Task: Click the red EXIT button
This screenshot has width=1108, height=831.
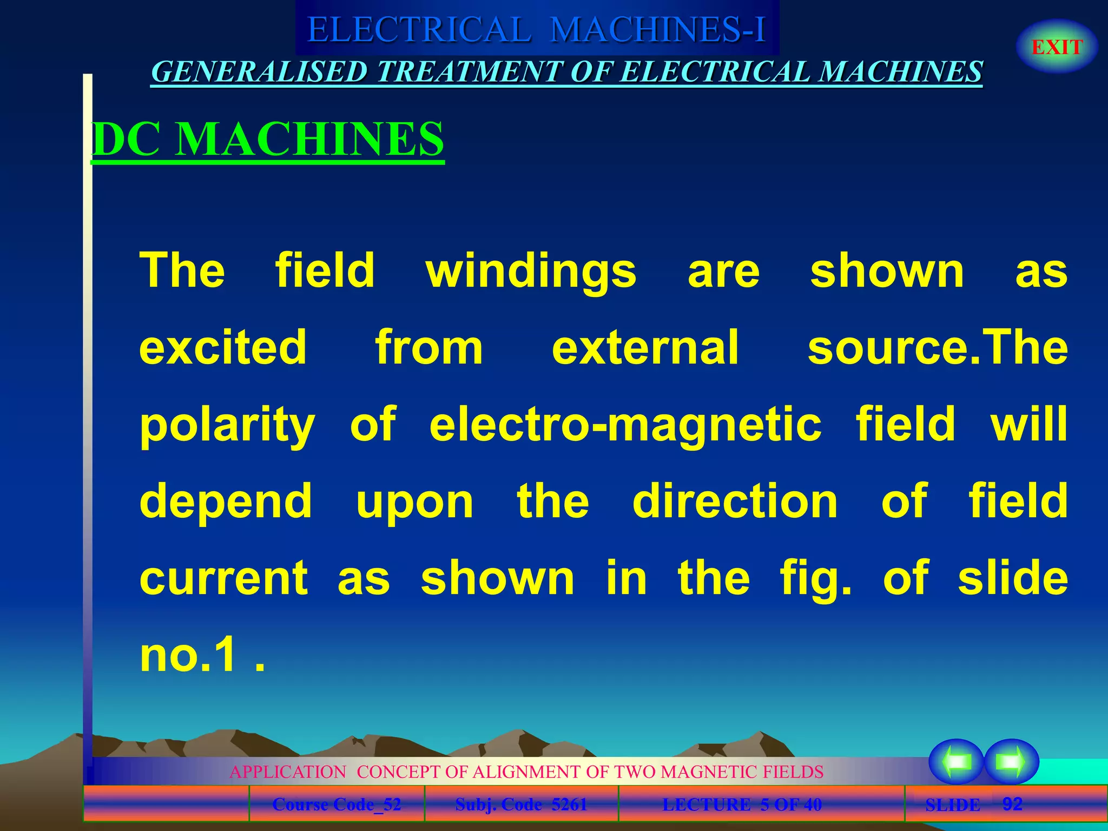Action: pos(1057,47)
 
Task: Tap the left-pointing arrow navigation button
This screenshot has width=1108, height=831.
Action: pos(956,761)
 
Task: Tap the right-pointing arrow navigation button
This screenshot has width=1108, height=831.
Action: pos(1011,761)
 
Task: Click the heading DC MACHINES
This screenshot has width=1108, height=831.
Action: pos(268,139)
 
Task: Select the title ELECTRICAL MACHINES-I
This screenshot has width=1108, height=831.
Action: pos(537,29)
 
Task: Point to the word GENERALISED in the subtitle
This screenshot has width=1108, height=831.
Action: pos(259,72)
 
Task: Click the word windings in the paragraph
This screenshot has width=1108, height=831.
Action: pos(531,271)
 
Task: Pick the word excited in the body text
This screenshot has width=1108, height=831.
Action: pos(223,347)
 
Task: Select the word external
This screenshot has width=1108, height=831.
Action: pos(645,347)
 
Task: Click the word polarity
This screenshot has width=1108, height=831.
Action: pos(227,425)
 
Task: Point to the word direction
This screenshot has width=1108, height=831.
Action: pos(735,501)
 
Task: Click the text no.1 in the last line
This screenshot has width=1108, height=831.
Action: pos(189,655)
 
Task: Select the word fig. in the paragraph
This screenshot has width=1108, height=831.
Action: pos(815,579)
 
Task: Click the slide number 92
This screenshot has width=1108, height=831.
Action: pos(1012,804)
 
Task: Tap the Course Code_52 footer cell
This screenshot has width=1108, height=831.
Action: pos(337,804)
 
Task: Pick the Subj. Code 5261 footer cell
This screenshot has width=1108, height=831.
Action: pos(521,804)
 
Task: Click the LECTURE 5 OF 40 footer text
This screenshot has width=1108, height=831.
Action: pos(742,804)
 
